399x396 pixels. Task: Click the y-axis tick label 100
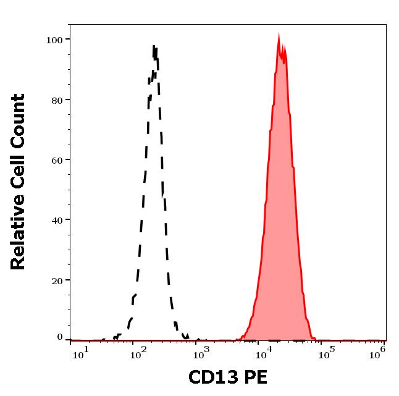tap(54, 40)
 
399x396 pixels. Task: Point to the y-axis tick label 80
tap(57, 99)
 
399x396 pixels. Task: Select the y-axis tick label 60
tap(57, 159)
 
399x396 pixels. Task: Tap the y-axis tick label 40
tap(57, 219)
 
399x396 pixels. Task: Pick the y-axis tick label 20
tap(57, 280)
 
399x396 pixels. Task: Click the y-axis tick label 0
tap(60, 338)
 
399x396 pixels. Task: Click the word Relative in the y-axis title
tap(19, 229)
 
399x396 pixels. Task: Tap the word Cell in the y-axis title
tap(19, 172)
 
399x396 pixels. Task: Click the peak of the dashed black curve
tap(154, 46)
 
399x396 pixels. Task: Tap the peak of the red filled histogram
tap(279, 35)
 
